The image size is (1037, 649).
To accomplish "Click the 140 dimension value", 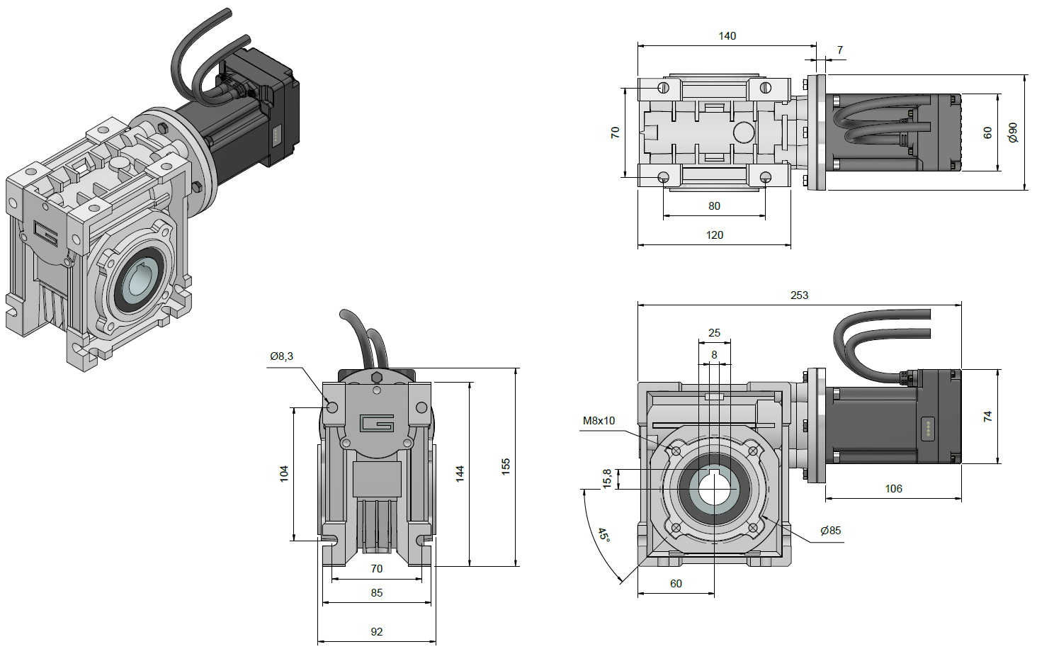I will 727,36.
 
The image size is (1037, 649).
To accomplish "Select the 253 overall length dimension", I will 799,295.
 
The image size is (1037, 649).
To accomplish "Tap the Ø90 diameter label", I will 1013,132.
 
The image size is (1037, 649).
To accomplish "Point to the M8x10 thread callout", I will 599,421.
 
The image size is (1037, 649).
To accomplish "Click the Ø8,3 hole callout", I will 281,356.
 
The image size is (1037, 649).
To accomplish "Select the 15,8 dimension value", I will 607,478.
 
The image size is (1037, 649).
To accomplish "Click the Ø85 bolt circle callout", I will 830,531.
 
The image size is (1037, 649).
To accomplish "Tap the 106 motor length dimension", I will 893,489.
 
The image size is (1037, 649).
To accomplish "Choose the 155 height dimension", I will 506,466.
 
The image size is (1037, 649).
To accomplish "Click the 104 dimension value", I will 284,474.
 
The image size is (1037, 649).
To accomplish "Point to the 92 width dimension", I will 376,632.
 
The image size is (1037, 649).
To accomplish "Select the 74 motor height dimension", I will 988,417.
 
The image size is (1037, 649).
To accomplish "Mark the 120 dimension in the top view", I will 714,235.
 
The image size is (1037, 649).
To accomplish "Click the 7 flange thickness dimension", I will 840,50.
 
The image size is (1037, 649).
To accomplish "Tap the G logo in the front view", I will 377,423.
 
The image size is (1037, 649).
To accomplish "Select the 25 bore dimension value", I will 714,333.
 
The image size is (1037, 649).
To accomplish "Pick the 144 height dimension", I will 460,474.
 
